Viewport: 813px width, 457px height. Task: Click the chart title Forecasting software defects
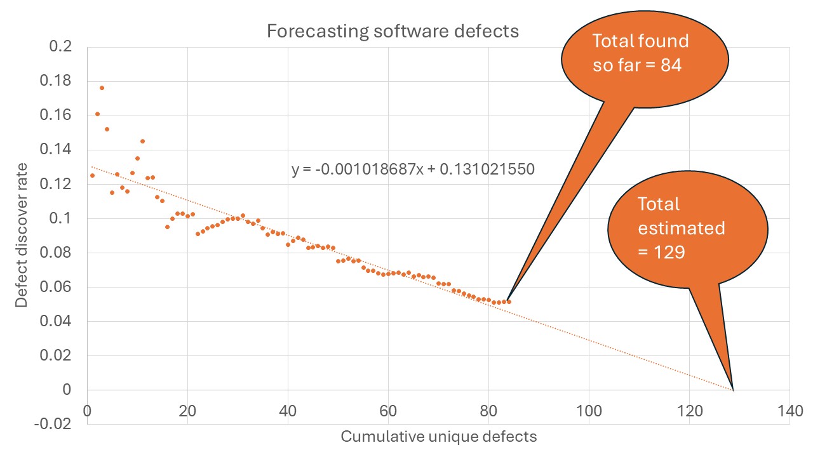pyautogui.click(x=393, y=31)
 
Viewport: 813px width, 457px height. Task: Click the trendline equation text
pyautogui.click(x=413, y=169)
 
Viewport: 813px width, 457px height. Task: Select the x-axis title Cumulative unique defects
pyautogui.click(x=438, y=437)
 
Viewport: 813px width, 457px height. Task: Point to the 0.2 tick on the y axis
pyautogui.click(x=61, y=47)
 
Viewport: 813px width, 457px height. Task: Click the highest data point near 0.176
pyautogui.click(x=102, y=88)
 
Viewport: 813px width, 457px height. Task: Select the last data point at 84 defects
pyautogui.click(x=509, y=301)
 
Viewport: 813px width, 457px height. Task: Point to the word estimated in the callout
pyautogui.click(x=682, y=228)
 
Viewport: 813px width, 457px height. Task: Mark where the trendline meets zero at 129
pyautogui.click(x=734, y=390)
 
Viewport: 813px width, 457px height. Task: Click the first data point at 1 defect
pyautogui.click(x=92, y=175)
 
